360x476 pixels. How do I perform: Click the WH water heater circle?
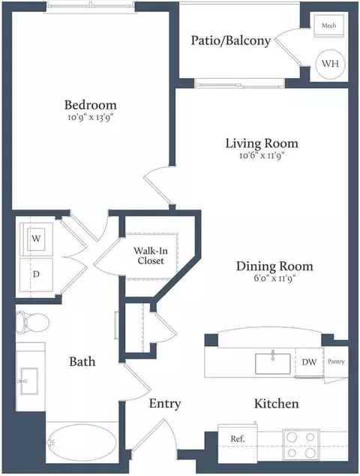coord(330,64)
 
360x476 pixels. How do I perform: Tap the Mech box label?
coord(328,26)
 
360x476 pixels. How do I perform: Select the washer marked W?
coord(36,239)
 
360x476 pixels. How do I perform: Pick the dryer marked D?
coord(36,275)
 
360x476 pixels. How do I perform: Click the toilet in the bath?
coord(32,322)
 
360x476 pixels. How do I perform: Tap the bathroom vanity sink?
coord(29,381)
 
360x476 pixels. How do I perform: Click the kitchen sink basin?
coord(273,363)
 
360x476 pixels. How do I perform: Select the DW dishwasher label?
coord(309,362)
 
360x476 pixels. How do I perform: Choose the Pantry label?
coord(336,362)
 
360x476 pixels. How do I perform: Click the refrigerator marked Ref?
coord(238,443)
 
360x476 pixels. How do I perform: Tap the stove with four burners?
coord(301,444)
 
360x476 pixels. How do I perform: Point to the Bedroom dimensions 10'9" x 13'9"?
coord(92,117)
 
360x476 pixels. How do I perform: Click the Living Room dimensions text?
coord(262,155)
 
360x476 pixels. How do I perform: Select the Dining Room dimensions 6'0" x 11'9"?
coord(274,278)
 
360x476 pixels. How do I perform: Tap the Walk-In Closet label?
coord(151,255)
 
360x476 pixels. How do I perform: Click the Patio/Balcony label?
coord(231,41)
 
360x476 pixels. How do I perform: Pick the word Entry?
coord(165,404)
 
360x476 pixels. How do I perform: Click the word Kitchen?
coord(276,404)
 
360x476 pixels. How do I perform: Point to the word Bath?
coord(82,362)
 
